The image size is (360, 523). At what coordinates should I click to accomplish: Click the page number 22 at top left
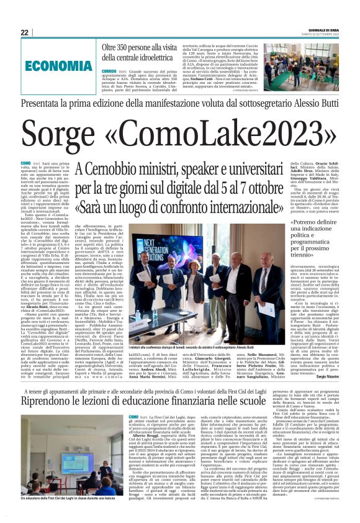pyautogui.click(x=25, y=32)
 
